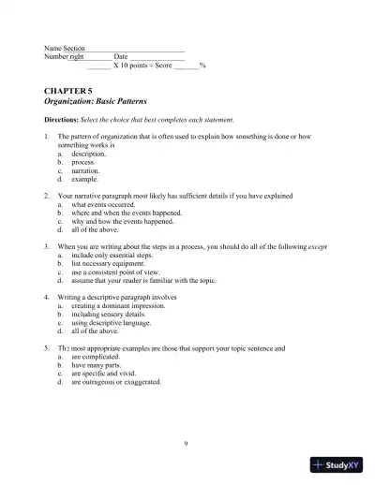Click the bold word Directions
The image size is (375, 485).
tap(62, 121)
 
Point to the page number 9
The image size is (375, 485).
tap(187, 442)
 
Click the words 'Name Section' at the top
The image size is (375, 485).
tap(65, 48)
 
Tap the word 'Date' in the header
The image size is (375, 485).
tap(120, 56)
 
